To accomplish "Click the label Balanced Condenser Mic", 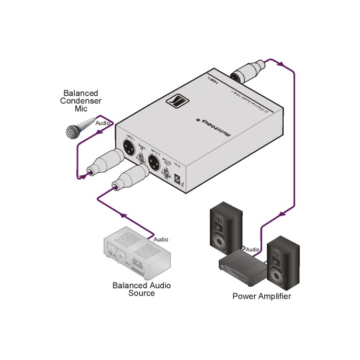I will pyautogui.click(x=80, y=100).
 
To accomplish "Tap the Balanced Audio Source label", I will pyautogui.click(x=141, y=289).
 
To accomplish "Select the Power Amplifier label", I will pyautogui.click(x=262, y=297).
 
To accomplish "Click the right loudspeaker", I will pyautogui.click(x=283, y=260).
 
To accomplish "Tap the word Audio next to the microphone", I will pyautogui.click(x=103, y=122).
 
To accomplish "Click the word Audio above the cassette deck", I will pyautogui.click(x=161, y=239).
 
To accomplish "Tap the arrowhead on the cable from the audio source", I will pyautogui.click(x=124, y=215).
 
